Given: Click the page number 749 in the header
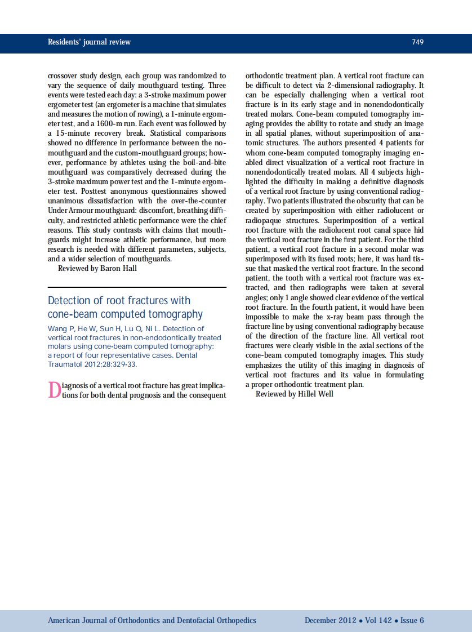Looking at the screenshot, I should pos(417,42).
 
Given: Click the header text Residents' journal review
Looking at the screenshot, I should pos(89,42).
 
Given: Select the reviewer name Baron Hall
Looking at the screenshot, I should pos(118,268).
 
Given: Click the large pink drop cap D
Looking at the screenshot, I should pos(54,390).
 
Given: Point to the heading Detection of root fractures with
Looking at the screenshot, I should pos(119,301).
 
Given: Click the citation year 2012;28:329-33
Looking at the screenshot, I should pos(110,364).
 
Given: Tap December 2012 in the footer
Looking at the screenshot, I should pos(330,620).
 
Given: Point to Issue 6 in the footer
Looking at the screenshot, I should pos(412,620).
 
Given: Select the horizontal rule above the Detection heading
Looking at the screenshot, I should pos(137,287).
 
